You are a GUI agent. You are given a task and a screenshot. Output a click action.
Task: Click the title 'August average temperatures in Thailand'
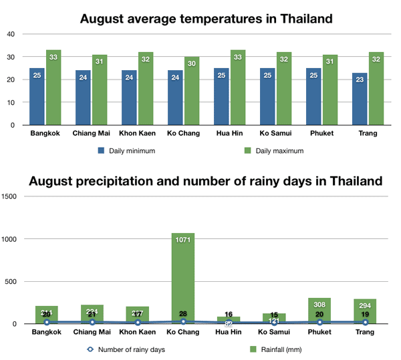coord(206,19)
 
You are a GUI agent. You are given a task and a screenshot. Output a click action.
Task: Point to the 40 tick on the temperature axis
coord(11,34)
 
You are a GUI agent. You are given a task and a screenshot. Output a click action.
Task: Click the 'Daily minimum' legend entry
coord(131,150)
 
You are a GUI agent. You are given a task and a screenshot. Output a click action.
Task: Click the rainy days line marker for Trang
coord(365,323)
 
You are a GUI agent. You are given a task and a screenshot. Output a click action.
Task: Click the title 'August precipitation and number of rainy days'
coord(206,181)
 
